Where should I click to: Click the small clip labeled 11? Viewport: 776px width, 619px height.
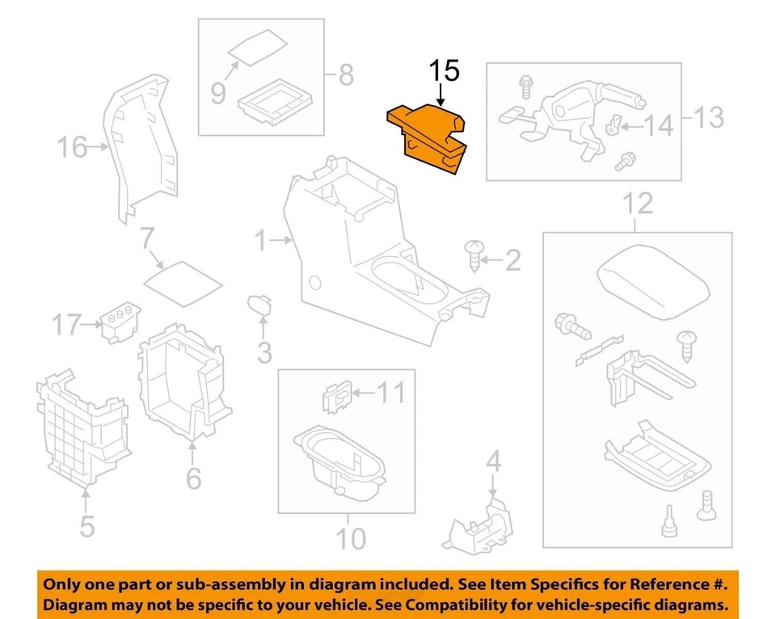(336, 396)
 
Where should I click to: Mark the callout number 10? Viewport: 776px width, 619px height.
(349, 537)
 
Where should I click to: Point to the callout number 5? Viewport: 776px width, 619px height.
(86, 526)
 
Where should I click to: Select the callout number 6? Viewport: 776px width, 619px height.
(193, 478)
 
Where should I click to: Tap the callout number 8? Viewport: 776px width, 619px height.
(345, 76)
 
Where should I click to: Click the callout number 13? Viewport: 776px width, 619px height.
(710, 118)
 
